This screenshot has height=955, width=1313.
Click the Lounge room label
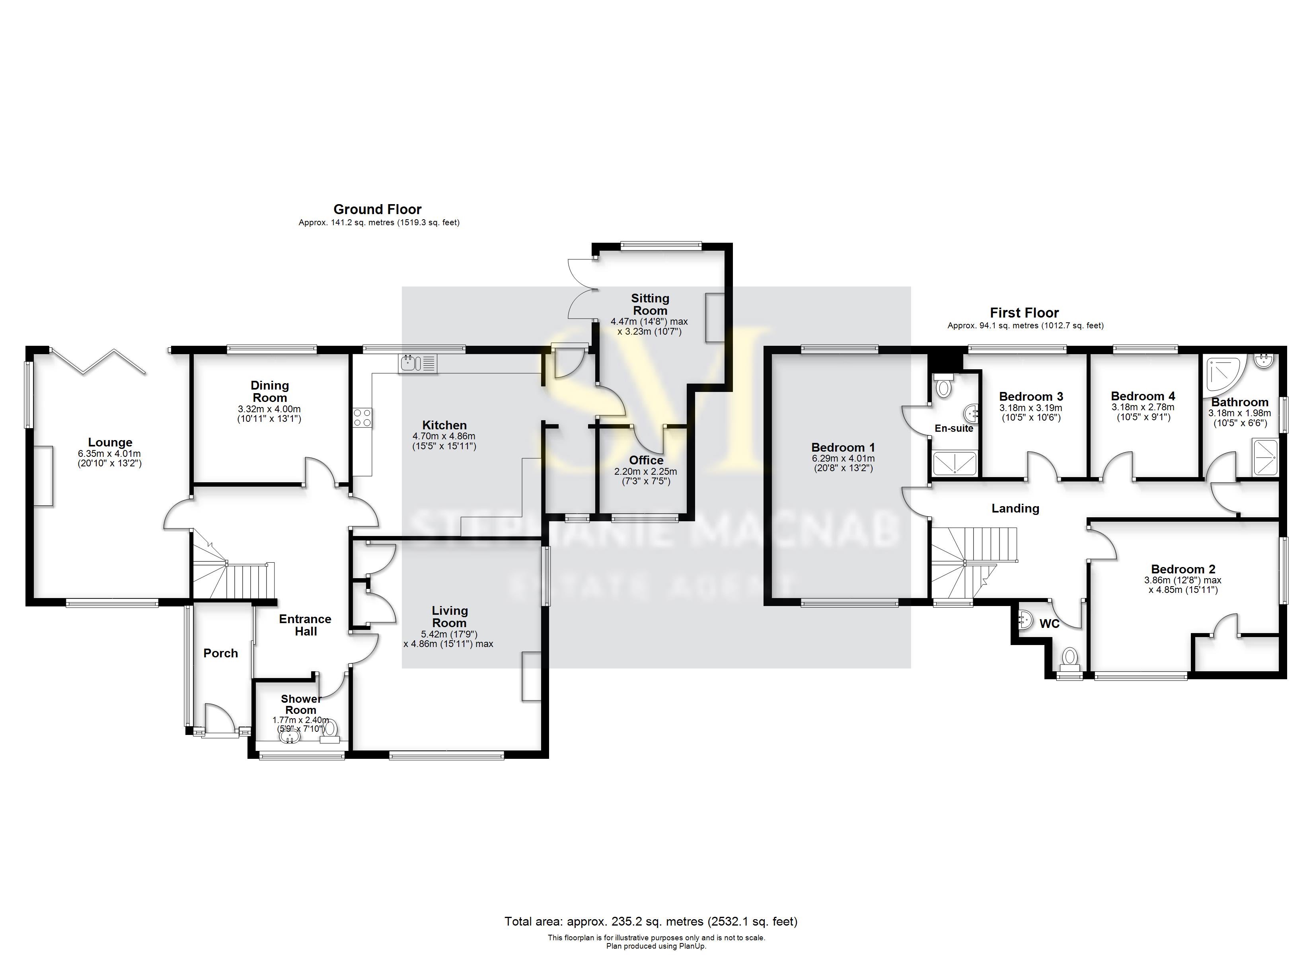110,442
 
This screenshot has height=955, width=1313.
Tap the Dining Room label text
270,392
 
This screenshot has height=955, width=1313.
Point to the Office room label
646,460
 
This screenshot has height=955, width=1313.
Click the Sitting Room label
650,304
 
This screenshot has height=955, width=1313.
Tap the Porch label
220,653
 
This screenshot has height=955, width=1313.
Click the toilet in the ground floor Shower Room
331,727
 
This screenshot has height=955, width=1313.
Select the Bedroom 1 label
843,447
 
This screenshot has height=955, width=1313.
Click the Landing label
1015,509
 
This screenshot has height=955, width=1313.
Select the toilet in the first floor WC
1070,658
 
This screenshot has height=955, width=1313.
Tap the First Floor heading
1024,313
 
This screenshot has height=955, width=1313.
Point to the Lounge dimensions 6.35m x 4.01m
109,454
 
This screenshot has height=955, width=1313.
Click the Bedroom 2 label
1183,569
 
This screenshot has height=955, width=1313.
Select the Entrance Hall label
305,625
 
